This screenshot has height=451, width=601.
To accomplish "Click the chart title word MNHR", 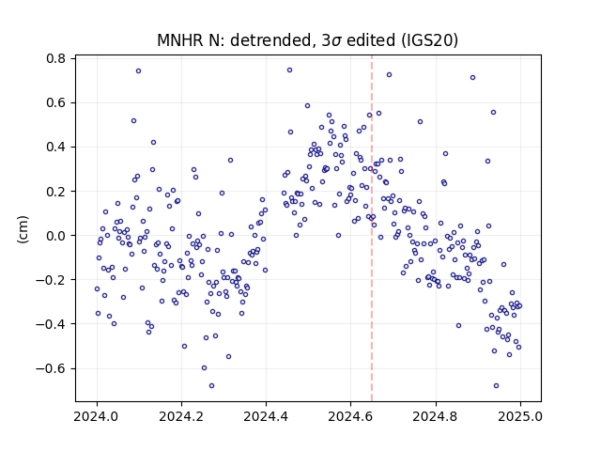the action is [x=180, y=40].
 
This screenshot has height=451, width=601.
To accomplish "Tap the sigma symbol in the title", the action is [x=336, y=41].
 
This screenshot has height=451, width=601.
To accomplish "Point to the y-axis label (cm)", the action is [x=23, y=229].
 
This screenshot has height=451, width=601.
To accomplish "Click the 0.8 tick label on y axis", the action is [x=56, y=58].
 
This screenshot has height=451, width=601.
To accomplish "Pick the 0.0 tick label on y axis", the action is [x=56, y=236].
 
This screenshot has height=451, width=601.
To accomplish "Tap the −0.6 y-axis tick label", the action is [x=51, y=369].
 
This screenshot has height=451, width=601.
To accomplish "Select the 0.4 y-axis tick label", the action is [x=56, y=148].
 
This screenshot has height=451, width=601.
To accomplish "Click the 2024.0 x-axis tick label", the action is [x=97, y=416].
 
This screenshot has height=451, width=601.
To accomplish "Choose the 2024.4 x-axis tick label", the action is [x=266, y=416].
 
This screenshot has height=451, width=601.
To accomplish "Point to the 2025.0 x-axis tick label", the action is [x=520, y=416].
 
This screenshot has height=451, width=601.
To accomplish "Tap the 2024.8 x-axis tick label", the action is [x=436, y=416].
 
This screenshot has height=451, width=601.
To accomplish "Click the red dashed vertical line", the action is [x=372, y=228].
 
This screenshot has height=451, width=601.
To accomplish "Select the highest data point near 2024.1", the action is [x=138, y=71].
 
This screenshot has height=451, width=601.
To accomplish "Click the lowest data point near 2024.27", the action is [x=211, y=386].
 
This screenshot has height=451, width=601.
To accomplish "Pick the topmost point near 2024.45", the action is [x=290, y=70].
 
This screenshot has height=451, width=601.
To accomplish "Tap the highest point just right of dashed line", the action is [x=389, y=75].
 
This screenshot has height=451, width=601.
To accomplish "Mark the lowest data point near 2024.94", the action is [x=497, y=386].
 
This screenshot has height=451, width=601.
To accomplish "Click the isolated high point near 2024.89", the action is [x=473, y=77].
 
